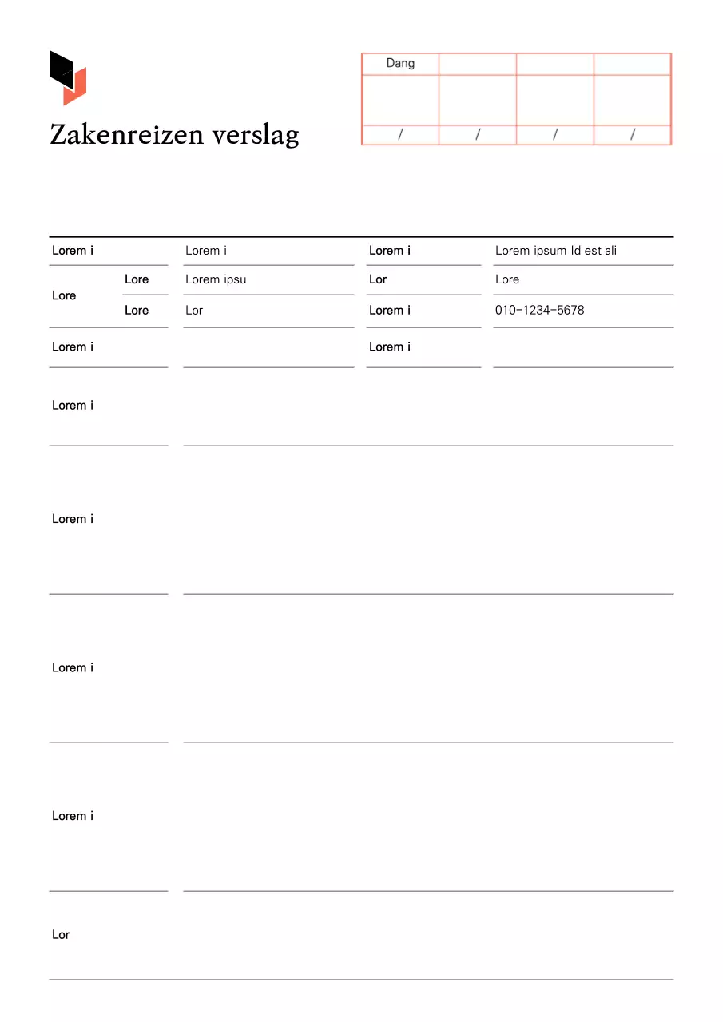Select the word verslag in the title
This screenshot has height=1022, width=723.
(256, 134)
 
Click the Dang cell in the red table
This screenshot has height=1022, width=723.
(400, 64)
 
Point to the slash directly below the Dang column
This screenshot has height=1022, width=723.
(400, 135)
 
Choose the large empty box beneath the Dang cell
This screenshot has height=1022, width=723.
(400, 100)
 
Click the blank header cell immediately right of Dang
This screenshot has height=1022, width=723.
(478, 64)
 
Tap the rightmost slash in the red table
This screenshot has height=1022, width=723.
(633, 135)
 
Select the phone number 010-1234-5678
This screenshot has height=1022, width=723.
(539, 310)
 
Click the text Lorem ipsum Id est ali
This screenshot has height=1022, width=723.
(556, 251)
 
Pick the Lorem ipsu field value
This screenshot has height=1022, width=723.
(216, 279)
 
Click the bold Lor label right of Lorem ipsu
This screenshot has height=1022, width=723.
(378, 279)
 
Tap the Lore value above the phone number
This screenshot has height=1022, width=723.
(507, 279)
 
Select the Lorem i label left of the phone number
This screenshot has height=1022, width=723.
(390, 310)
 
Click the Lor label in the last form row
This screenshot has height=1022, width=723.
(61, 934)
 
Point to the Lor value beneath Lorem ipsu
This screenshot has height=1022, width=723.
(194, 310)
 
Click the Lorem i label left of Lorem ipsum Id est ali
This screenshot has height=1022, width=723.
(390, 251)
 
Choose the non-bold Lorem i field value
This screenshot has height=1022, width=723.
(206, 251)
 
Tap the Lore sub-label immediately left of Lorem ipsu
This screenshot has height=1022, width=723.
(137, 279)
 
